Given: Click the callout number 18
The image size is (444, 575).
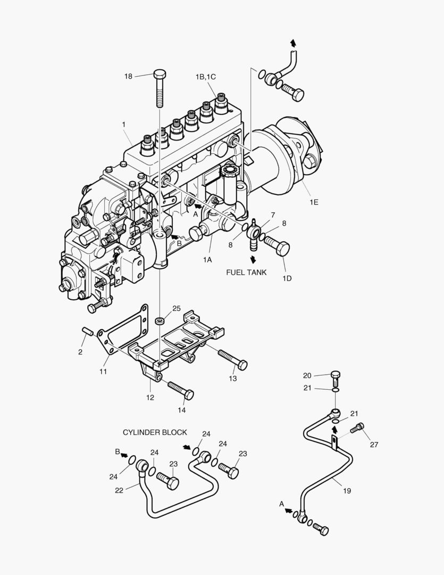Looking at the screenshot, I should tap(128, 76).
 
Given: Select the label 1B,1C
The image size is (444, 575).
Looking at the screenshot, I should tap(206, 77).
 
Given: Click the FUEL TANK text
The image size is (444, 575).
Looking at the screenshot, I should tap(246, 272).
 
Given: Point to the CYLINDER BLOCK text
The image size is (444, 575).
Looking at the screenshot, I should tap(155, 432).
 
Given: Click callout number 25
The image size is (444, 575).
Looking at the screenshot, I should tap(177, 308).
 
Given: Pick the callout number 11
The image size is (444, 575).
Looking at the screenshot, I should tap(104, 371).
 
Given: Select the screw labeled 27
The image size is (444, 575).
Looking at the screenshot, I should tap(360, 427).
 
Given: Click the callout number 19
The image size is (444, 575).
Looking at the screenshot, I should tap(347, 491).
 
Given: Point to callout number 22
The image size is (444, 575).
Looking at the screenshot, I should tap(119, 490).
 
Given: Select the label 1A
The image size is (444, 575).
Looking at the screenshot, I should tap(207, 259).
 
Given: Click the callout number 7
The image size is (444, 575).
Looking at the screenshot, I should tap(273, 215).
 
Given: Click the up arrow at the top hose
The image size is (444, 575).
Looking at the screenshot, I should tap(293, 43).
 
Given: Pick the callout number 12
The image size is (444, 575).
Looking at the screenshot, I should tap(150, 397).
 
